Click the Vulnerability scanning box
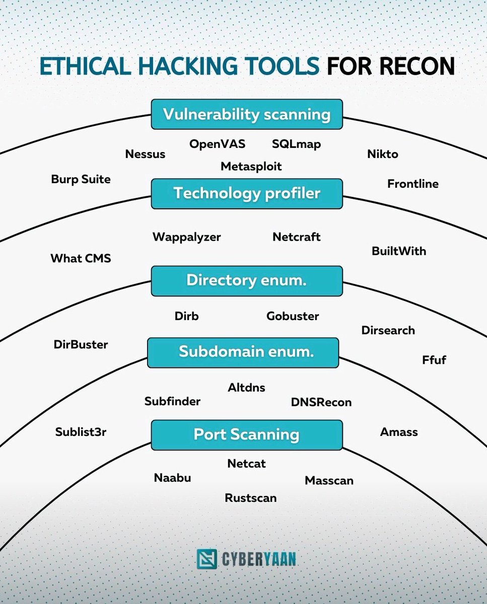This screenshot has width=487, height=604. click(247, 114)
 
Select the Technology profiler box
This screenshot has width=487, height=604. click(247, 193)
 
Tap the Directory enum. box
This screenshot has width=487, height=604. click(247, 281)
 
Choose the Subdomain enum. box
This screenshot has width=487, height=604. click(243, 352)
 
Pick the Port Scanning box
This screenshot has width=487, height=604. click(247, 435)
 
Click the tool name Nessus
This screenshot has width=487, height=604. click(145, 154)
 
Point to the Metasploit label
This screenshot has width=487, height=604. click(251, 166)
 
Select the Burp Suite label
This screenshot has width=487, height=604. click(81, 179)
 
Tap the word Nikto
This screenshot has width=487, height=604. click(382, 154)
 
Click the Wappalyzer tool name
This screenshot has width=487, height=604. click(186, 237)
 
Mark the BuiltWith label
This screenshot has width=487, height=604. click(398, 251)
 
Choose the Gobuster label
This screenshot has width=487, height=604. click(293, 316)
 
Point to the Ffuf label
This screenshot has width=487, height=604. click(434, 360)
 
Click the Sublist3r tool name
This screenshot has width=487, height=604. click(81, 432)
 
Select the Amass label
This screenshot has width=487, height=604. click(398, 432)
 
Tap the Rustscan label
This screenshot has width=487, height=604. click(250, 498)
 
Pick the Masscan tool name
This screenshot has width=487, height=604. click(329, 481)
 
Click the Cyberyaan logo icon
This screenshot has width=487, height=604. click(206, 559)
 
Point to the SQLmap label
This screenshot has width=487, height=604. click(296, 144)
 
